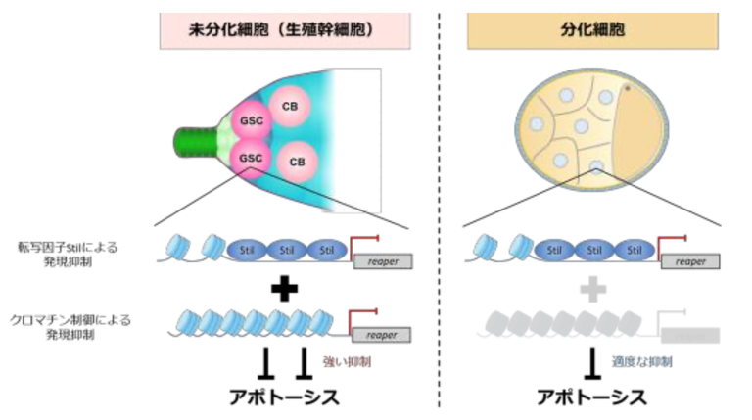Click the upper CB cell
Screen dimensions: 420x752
click(289, 106)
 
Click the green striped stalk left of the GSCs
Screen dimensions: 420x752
click(196, 137)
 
